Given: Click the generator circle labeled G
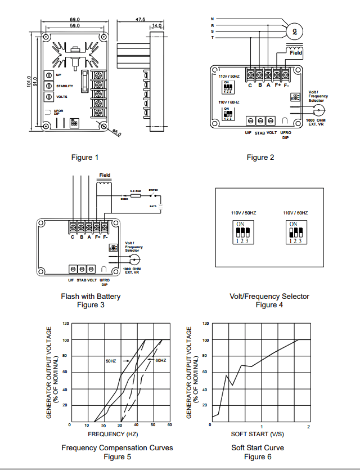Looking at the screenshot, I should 294,33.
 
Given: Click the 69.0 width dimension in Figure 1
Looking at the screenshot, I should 74,19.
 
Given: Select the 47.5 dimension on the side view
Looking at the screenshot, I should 140,19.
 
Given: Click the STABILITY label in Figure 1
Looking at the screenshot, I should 65,86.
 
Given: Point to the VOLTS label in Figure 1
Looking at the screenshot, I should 62,97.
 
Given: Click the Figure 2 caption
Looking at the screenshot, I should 260,157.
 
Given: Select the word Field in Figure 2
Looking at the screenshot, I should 296,53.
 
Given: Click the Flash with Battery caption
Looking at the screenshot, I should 91,296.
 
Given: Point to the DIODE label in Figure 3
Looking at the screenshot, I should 125,198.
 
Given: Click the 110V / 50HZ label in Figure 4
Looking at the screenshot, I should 243,213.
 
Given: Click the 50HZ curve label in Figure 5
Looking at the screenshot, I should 111,360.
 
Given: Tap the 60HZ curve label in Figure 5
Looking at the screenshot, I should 160,360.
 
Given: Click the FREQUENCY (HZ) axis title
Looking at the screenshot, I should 112,434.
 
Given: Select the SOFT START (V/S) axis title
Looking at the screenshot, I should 257,434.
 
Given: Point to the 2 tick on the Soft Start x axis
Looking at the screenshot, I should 308,427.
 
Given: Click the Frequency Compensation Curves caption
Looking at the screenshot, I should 117,448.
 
